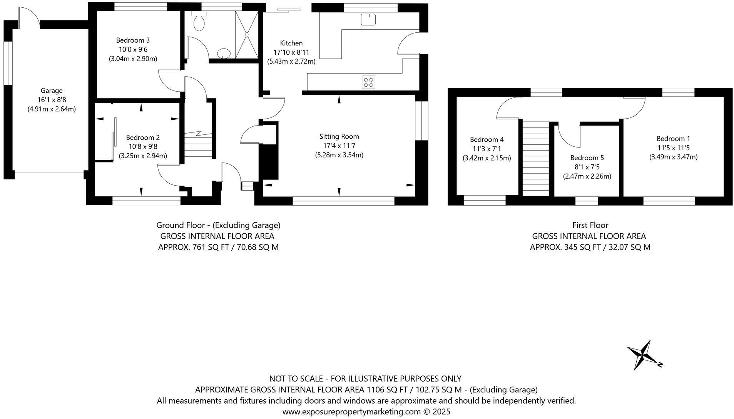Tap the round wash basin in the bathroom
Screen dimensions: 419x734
pos(223,53)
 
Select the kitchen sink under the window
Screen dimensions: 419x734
pos(368,19)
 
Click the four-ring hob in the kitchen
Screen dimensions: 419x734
pos(368,82)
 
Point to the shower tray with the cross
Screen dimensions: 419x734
pos(247,35)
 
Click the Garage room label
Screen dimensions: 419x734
pos(52,91)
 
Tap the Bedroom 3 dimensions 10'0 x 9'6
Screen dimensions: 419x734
pos(133,49)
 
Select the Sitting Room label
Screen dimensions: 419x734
pos(339,136)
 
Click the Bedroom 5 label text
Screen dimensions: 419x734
pos(587,158)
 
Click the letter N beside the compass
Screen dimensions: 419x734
pos(660,364)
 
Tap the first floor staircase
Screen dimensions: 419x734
pos(535,158)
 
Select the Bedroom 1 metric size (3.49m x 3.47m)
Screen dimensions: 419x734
pos(674,157)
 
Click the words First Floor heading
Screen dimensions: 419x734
pos(590,225)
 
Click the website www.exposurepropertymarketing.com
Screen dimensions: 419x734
pos(352,412)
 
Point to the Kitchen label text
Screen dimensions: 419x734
pos(291,43)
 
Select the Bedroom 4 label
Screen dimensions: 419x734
pos(487,139)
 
